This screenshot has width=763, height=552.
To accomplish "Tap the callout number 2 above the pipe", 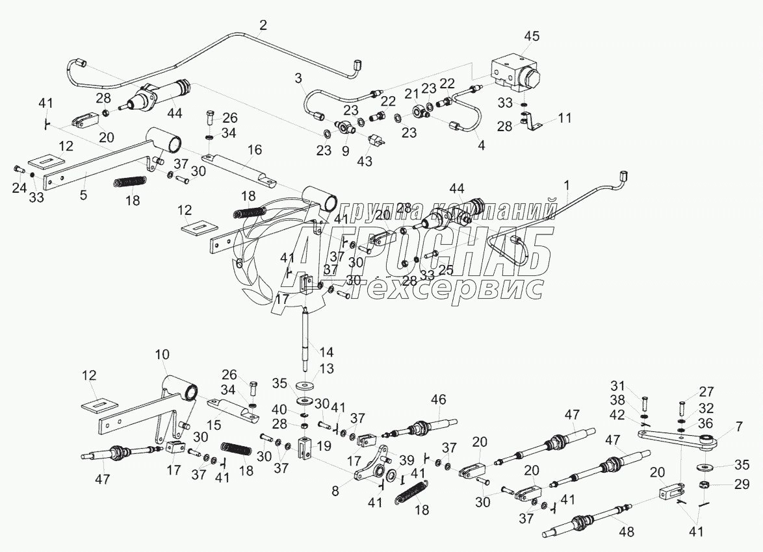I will coord(263,25).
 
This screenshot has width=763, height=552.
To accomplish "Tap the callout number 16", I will coord(254,149).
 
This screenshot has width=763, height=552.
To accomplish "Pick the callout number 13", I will coord(326,369).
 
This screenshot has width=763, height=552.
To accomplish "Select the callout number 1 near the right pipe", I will coord(566,185).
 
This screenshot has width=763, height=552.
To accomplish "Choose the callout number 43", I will coord(365,161).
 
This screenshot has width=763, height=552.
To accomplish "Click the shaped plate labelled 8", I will coord(370,465).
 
